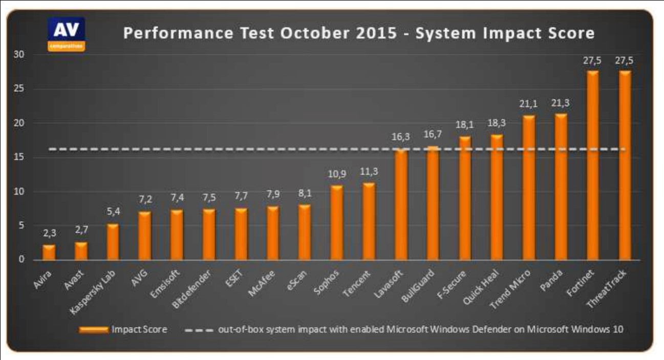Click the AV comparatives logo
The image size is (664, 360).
point(66,34)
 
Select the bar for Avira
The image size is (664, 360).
point(49,252)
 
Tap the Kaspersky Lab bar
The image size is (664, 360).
point(113,242)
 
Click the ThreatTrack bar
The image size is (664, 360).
point(625,165)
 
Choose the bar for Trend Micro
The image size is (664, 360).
point(529,187)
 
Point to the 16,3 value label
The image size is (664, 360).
point(401,138)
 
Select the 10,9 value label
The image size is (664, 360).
point(337,174)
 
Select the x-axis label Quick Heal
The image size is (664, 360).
point(482,284)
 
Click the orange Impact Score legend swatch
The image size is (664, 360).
point(94,329)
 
